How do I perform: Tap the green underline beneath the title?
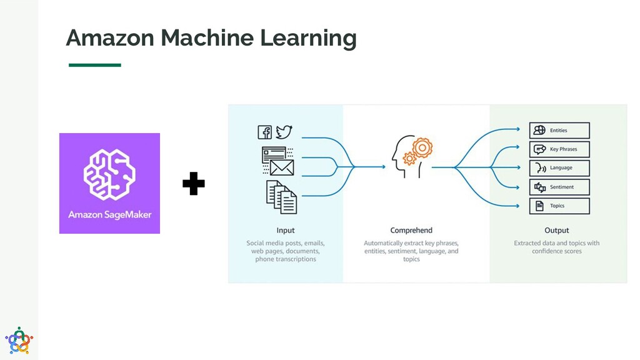pos(94,64)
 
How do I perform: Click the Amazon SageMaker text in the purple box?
pos(110,214)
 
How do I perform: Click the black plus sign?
pos(194,184)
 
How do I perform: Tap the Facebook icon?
pos(265,132)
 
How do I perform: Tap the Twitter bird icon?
pos(284,132)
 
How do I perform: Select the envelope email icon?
pos(282,167)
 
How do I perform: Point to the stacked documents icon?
pos(281,197)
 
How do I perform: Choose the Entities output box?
pos(559,130)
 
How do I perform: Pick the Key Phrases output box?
pos(559,149)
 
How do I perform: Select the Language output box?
pos(559,168)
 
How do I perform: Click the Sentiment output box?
pos(559,187)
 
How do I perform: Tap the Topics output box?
pos(559,206)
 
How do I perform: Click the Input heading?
pos(286,230)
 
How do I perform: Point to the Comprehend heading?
pos(411,230)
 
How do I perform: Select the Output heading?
pos(556,230)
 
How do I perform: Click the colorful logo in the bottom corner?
pos(19,341)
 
